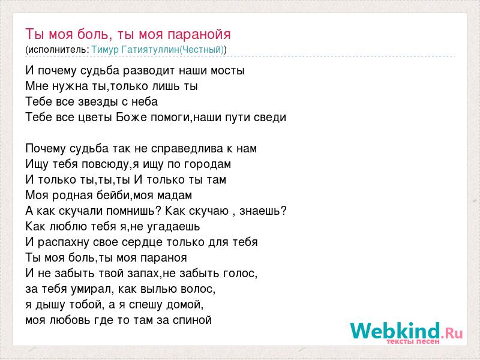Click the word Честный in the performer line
click(x=201, y=50)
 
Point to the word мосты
click(x=227, y=71)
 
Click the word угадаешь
click(x=173, y=227)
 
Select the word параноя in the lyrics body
click(x=164, y=258)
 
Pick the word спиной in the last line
click(x=192, y=320)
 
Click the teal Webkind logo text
click(x=395, y=331)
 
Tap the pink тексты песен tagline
click(x=413, y=341)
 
